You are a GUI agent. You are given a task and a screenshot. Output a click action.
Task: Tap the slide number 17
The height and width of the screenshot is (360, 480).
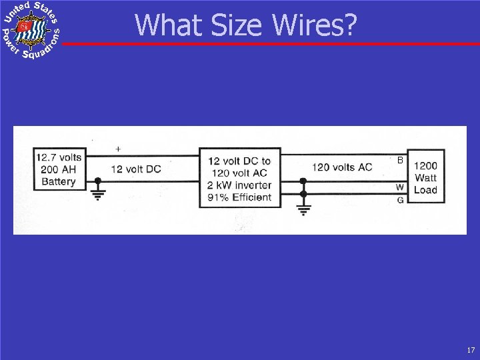(x=471, y=349)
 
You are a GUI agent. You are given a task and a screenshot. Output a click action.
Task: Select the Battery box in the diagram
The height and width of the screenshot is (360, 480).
(x=59, y=169)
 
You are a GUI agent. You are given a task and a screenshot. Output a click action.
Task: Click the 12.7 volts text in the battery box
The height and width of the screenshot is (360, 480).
(x=59, y=157)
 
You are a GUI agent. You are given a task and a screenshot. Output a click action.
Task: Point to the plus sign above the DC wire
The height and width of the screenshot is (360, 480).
(x=118, y=149)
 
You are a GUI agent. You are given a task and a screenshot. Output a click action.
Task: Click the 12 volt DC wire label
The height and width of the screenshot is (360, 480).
(x=135, y=169)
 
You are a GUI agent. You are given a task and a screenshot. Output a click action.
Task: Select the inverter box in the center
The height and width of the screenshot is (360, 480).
(x=240, y=179)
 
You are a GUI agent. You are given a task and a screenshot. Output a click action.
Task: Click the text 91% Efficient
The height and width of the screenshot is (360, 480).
(x=240, y=197)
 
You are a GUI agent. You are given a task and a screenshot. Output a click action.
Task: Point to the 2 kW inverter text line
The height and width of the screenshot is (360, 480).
(x=240, y=185)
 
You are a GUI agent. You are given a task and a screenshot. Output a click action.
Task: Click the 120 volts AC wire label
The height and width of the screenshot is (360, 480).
(x=342, y=167)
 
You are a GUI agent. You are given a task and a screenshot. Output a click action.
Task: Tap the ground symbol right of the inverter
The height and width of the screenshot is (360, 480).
(x=303, y=209)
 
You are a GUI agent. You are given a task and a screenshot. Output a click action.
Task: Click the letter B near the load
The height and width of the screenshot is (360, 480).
(x=400, y=161)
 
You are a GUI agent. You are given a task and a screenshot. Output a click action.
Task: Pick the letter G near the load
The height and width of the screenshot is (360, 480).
(x=400, y=199)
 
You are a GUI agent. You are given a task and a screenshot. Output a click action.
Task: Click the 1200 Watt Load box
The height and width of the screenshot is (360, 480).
(x=425, y=178)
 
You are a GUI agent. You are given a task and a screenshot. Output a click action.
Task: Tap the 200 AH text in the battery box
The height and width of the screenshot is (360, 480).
(x=59, y=169)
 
